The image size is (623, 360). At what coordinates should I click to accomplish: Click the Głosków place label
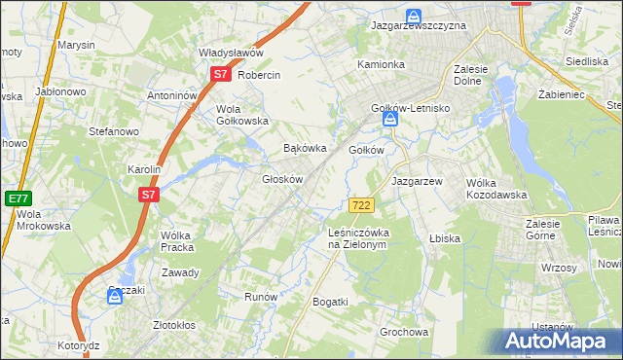[284, 180]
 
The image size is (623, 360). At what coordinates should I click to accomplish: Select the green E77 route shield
[17, 198]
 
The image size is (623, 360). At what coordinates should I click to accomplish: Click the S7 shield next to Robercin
[220, 74]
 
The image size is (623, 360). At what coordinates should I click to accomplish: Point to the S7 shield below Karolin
[148, 195]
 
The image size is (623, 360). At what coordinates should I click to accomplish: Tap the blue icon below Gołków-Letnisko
[389, 120]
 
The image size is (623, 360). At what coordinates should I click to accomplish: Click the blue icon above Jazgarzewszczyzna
[414, 17]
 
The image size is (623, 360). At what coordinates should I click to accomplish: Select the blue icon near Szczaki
[115, 298]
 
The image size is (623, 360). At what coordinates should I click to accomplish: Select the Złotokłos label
[175, 325]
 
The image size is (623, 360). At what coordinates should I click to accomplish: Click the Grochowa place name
[404, 332]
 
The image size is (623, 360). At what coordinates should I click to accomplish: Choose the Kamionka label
[381, 64]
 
